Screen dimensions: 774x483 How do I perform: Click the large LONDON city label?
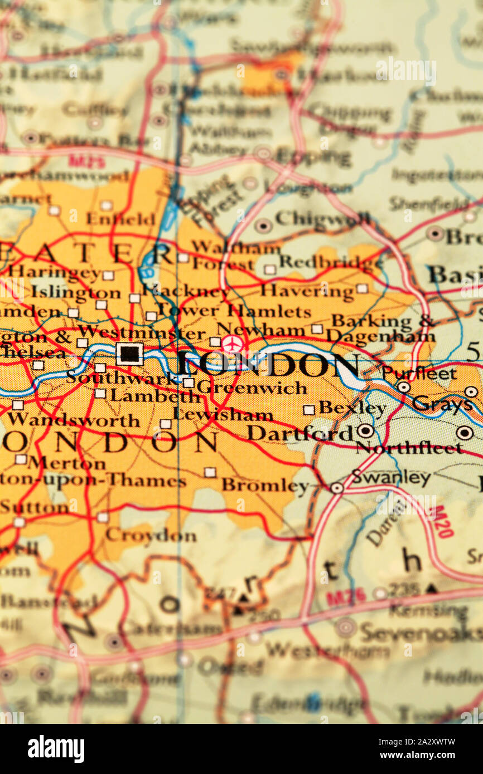click(268, 366)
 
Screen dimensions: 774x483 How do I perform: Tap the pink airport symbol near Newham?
click(232, 344)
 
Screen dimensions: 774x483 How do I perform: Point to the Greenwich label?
click(252, 387)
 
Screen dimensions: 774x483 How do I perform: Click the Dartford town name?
click(300, 433)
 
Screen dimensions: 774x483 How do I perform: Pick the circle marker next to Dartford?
click(365, 430)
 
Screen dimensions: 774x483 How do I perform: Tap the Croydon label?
click(151, 536)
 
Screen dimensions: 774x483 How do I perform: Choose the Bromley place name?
click(265, 485)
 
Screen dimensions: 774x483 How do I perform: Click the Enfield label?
click(120, 219)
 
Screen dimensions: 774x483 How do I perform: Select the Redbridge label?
click(330, 261)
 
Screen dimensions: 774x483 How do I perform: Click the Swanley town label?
click(391, 477)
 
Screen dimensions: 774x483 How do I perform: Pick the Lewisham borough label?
click(223, 414)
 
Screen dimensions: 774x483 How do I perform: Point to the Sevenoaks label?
click(420, 633)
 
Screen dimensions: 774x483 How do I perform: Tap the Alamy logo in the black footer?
click(56, 749)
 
